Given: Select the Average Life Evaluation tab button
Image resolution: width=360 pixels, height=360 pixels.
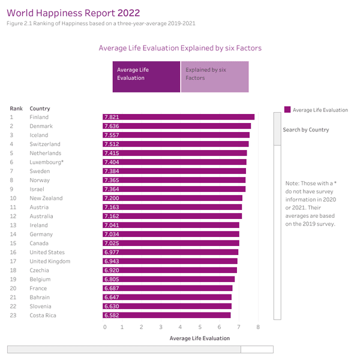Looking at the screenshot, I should point(146,74).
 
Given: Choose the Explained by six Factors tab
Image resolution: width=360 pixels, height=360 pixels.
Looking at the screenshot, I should point(215,74).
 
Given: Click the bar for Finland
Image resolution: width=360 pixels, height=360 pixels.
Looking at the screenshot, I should point(179,117).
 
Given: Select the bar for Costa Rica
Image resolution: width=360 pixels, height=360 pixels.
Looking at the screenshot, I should point(167,315).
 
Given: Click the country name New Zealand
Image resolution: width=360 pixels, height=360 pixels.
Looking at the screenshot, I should point(46,198).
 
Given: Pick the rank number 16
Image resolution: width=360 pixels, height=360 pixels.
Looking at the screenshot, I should point(13,252).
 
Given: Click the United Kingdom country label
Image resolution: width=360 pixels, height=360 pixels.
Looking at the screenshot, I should point(50,261).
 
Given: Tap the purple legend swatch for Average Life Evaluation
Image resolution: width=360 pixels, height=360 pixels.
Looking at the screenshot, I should point(287,110).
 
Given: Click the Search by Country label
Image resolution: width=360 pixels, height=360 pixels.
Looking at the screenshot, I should point(305,130).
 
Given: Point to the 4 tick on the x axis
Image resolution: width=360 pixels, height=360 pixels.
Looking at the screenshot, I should point(181,327).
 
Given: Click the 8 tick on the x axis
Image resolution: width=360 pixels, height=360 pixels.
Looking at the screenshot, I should point(257,327).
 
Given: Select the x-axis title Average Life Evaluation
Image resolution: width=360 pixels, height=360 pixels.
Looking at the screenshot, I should point(199,338).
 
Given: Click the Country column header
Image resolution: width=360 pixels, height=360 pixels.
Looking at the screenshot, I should point(40,109).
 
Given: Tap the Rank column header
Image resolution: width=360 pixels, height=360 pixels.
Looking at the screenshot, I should point(16,109).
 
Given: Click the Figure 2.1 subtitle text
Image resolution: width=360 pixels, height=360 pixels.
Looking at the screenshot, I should point(101,23).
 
